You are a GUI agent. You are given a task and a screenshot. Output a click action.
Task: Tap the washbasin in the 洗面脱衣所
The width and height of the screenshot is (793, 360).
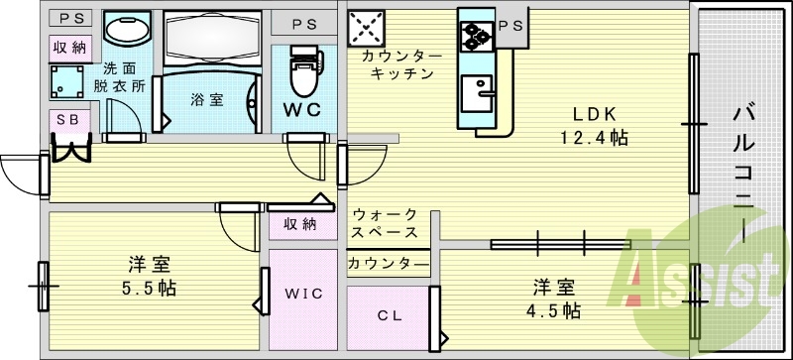[x=123, y=31]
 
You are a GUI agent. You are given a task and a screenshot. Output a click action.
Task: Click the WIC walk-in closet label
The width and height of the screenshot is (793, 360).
[x=304, y=295]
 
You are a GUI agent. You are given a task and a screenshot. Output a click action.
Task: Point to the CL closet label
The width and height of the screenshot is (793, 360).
[x=388, y=316]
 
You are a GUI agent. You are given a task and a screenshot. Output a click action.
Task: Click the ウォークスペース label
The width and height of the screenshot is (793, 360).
[x=385, y=223]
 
